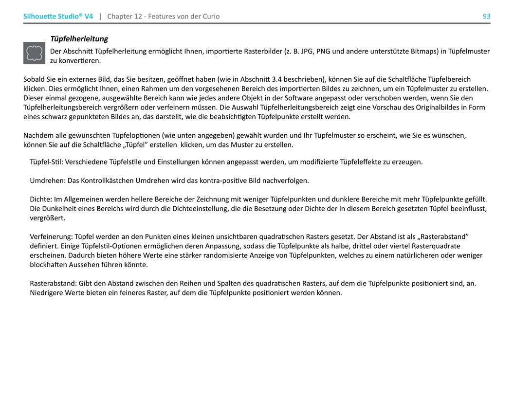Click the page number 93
(x=486, y=17)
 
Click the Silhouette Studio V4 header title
(x=58, y=17)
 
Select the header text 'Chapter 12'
(x=125, y=17)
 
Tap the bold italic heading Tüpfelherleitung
(x=79, y=39)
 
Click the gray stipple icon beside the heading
(x=34, y=53)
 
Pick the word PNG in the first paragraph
(x=324, y=51)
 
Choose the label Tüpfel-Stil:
(x=46, y=162)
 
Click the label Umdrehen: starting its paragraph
(x=48, y=181)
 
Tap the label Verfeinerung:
(x=51, y=237)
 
